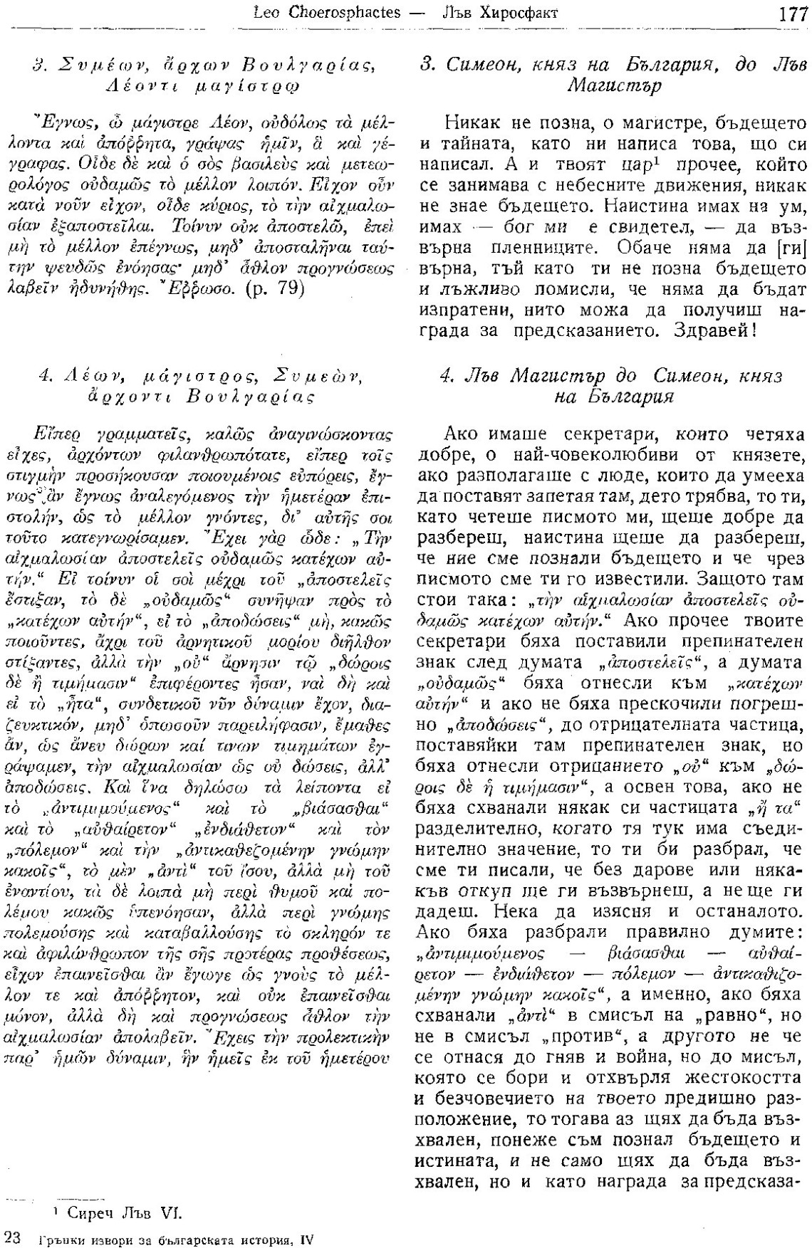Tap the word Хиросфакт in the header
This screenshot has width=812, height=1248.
point(525,14)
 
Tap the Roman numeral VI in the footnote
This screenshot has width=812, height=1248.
point(175,1210)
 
